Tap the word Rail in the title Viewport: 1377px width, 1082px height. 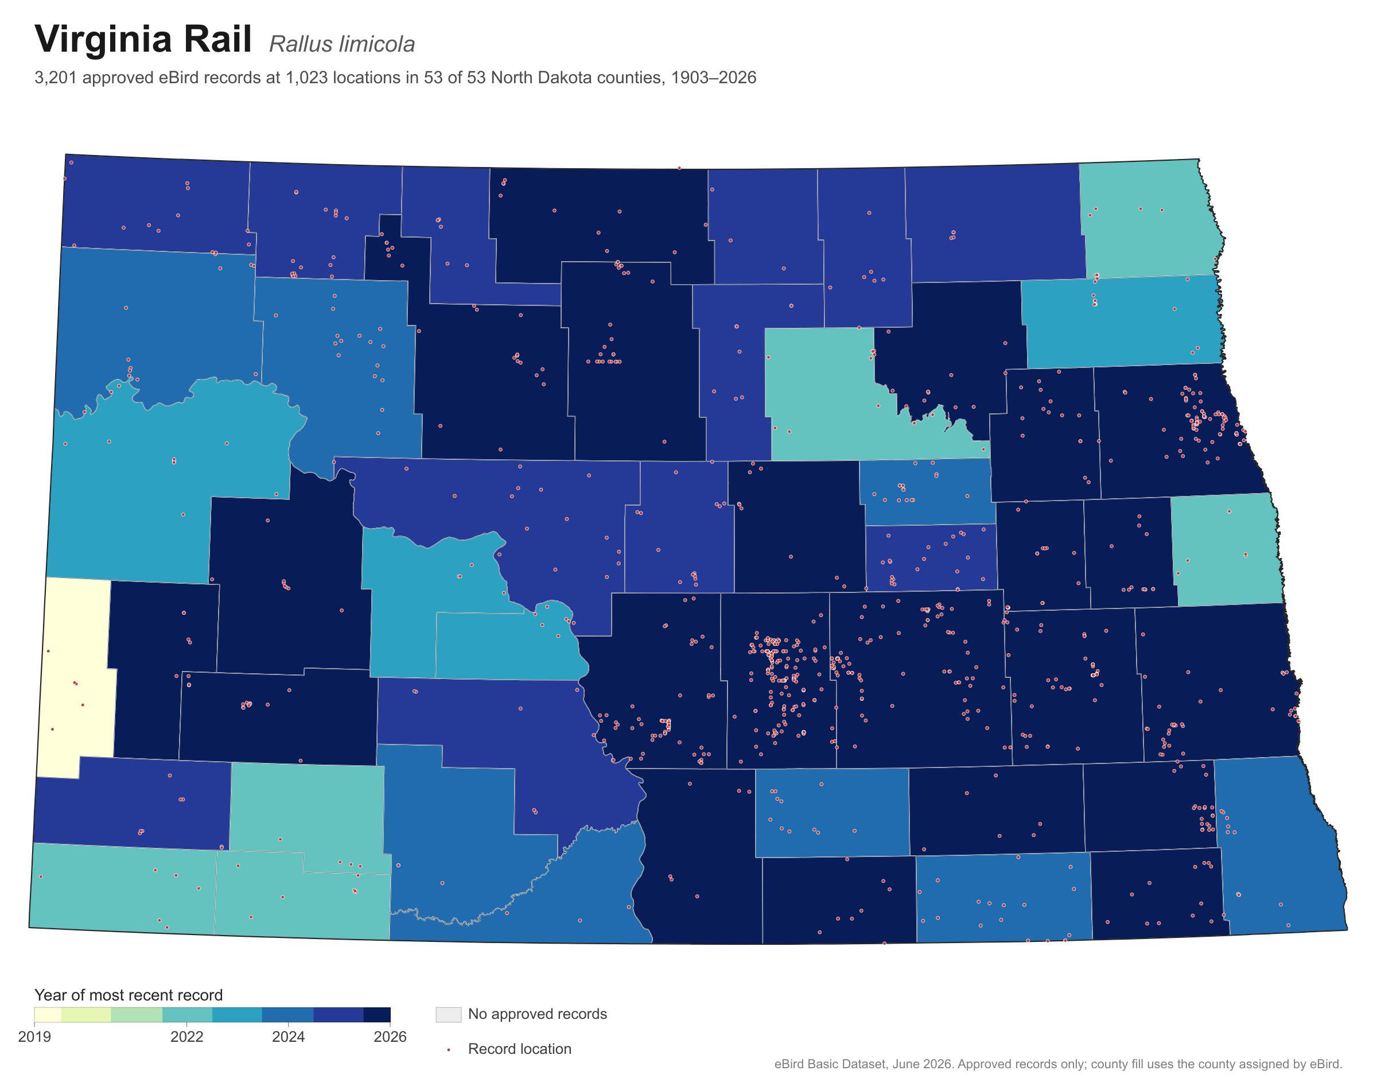219,38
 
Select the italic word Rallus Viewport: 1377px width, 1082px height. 301,44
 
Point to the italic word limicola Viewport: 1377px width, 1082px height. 378,44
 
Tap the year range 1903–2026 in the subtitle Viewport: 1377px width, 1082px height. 714,77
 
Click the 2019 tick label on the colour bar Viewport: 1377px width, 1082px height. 35,1037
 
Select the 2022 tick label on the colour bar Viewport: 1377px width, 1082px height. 187,1037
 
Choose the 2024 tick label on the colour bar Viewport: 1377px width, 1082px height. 288,1037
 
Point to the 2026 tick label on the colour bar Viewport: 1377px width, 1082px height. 390,1037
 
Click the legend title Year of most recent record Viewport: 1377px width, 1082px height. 129,995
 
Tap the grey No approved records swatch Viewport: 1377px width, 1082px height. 448,1014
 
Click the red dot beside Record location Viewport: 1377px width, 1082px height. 448,1050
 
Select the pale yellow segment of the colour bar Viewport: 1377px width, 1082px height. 48,1015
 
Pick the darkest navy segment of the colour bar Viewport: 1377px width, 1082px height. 377,1015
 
